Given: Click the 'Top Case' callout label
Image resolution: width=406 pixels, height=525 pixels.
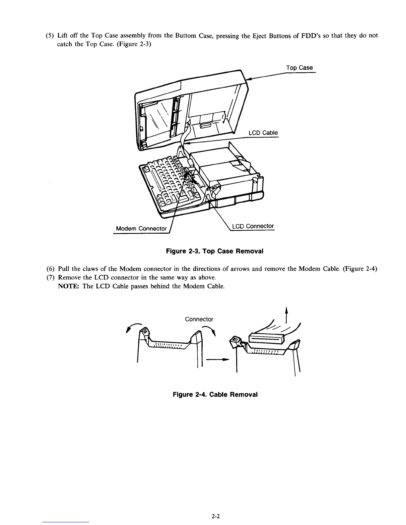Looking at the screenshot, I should [x=299, y=68].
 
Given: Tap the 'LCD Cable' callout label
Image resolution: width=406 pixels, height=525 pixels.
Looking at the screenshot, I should [x=263, y=133].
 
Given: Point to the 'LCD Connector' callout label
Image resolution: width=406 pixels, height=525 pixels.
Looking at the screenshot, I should [x=253, y=226].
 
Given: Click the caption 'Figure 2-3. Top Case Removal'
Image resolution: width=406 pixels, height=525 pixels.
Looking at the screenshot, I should [x=214, y=251].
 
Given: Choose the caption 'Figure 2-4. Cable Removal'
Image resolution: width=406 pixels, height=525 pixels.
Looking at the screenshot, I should [x=215, y=394].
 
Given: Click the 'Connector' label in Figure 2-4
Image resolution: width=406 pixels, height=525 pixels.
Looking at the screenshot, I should [x=199, y=320].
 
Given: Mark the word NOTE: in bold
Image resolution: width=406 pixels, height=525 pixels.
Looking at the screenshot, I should [x=69, y=286].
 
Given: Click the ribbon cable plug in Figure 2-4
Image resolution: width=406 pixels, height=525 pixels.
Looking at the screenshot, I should [x=266, y=338].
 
